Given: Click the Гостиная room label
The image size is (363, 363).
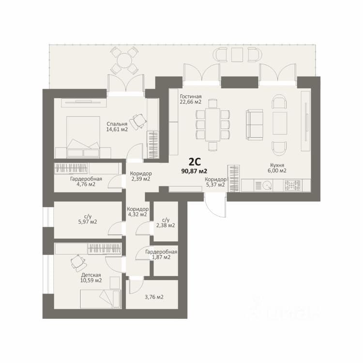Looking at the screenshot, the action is tap(191, 96).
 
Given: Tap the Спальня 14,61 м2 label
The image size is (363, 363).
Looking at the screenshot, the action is tap(117, 127).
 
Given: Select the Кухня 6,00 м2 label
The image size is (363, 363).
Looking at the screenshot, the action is tap(277, 168).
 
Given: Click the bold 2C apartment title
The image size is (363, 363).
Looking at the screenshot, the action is tap(195, 162).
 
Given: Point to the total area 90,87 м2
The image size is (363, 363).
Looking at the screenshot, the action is tap(195, 171).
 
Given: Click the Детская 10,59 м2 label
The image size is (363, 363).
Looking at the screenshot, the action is tap(91, 278).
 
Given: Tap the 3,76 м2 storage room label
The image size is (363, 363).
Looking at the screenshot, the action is tap(154, 297).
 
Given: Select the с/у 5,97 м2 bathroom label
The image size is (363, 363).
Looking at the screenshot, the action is tap(88, 219).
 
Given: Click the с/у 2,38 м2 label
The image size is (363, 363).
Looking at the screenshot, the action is tap(166, 223).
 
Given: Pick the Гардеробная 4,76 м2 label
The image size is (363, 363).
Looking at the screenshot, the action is tap(86, 181).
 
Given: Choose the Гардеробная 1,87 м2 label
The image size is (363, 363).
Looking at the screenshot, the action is tap(161, 255).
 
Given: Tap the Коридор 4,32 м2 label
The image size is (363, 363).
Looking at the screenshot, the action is tap(137, 212).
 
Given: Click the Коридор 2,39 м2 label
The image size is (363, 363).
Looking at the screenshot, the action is tap(141, 176).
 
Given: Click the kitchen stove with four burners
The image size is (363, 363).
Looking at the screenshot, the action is tap(293, 185).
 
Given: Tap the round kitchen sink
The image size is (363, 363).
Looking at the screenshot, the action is tap(268, 185).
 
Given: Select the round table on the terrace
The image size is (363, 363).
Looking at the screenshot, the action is tap(124, 60).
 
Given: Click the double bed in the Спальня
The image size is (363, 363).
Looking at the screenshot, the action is tap(83, 137).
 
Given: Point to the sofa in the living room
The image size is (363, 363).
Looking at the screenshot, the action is tap(255, 124).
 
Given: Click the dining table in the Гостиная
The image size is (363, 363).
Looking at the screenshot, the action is tap(213, 124).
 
